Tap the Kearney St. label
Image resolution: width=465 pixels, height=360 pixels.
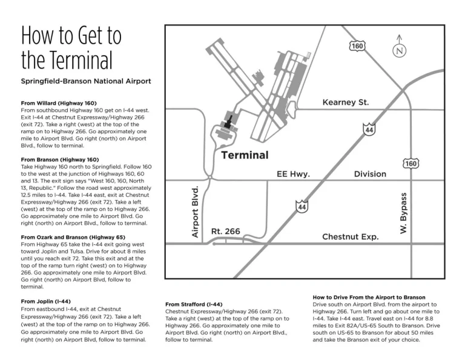point(346,102)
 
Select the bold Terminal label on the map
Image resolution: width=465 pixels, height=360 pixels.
point(245,155)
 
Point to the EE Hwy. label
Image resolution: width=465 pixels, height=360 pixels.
point(293,174)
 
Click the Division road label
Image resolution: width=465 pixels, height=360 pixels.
point(370,174)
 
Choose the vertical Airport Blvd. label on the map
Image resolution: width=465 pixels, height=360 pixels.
point(195,211)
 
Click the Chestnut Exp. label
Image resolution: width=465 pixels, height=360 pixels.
point(351,236)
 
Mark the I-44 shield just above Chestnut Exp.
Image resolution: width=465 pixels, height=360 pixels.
point(302,207)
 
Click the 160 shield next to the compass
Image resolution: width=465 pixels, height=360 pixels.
point(357,47)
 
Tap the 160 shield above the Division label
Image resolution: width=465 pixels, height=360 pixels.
point(411,164)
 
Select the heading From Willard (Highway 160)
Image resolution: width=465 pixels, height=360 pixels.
point(59,103)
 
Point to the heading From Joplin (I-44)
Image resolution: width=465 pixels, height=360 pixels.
point(45,301)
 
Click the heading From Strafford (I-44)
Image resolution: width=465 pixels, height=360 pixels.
point(194,304)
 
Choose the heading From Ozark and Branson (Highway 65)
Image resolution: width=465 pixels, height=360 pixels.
point(73,237)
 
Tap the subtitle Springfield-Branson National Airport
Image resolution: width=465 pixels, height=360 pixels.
point(86,81)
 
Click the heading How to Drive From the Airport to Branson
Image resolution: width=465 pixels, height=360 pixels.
point(369,297)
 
